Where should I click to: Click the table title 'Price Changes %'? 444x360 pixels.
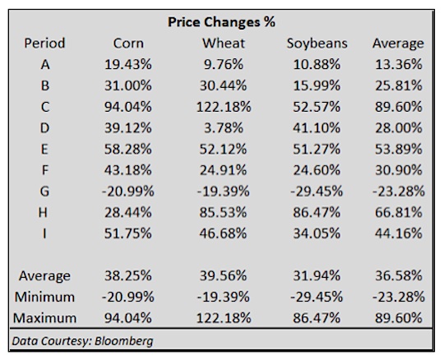tap(221, 22)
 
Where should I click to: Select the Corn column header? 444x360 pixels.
tap(128, 44)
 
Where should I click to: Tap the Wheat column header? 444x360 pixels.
tap(224, 44)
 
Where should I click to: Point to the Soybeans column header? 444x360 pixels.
tap(317, 44)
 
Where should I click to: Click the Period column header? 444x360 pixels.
tap(44, 44)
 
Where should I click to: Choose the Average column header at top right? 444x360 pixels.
tap(398, 44)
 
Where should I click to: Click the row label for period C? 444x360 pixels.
tap(44, 107)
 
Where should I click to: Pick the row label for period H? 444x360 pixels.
tap(43, 212)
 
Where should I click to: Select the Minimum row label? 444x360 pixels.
tap(44, 297)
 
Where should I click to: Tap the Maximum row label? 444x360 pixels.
tap(44, 318)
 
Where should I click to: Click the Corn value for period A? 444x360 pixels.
tap(128, 65)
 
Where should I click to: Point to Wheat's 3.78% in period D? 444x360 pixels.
tap(224, 128)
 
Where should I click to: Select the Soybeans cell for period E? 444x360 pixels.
tap(317, 149)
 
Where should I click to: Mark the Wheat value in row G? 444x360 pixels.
tap(224, 192)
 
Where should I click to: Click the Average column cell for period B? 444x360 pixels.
tap(399, 85)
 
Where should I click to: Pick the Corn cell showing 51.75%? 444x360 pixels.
tap(128, 233)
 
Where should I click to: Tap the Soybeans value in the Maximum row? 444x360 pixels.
tap(317, 318)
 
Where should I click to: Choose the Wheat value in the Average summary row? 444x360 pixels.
tap(224, 275)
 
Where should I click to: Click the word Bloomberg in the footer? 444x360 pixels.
tap(123, 341)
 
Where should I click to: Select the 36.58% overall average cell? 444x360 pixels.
tap(399, 275)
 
